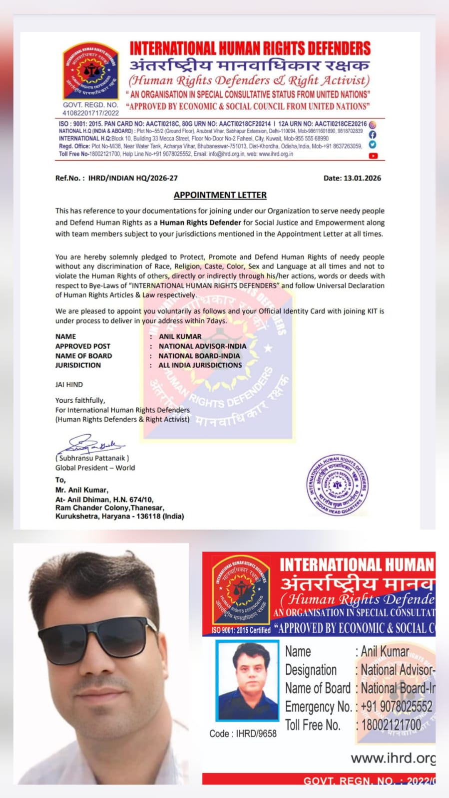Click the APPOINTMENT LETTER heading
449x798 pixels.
220,195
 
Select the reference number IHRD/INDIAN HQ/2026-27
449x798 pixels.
133,178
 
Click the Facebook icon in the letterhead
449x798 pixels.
372,135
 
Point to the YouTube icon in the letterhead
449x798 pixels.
373,156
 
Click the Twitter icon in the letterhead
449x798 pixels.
372,145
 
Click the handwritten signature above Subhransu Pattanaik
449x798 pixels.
90,444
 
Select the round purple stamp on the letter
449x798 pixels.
337,485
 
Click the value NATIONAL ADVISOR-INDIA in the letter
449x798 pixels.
202,346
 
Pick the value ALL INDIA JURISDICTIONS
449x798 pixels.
200,365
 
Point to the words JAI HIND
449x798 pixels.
69,385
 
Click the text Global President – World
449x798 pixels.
95,468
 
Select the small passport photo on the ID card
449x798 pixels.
247,681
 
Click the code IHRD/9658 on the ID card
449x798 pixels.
256,734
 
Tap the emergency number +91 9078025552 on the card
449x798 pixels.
396,707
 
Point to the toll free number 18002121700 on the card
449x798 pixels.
391,725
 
